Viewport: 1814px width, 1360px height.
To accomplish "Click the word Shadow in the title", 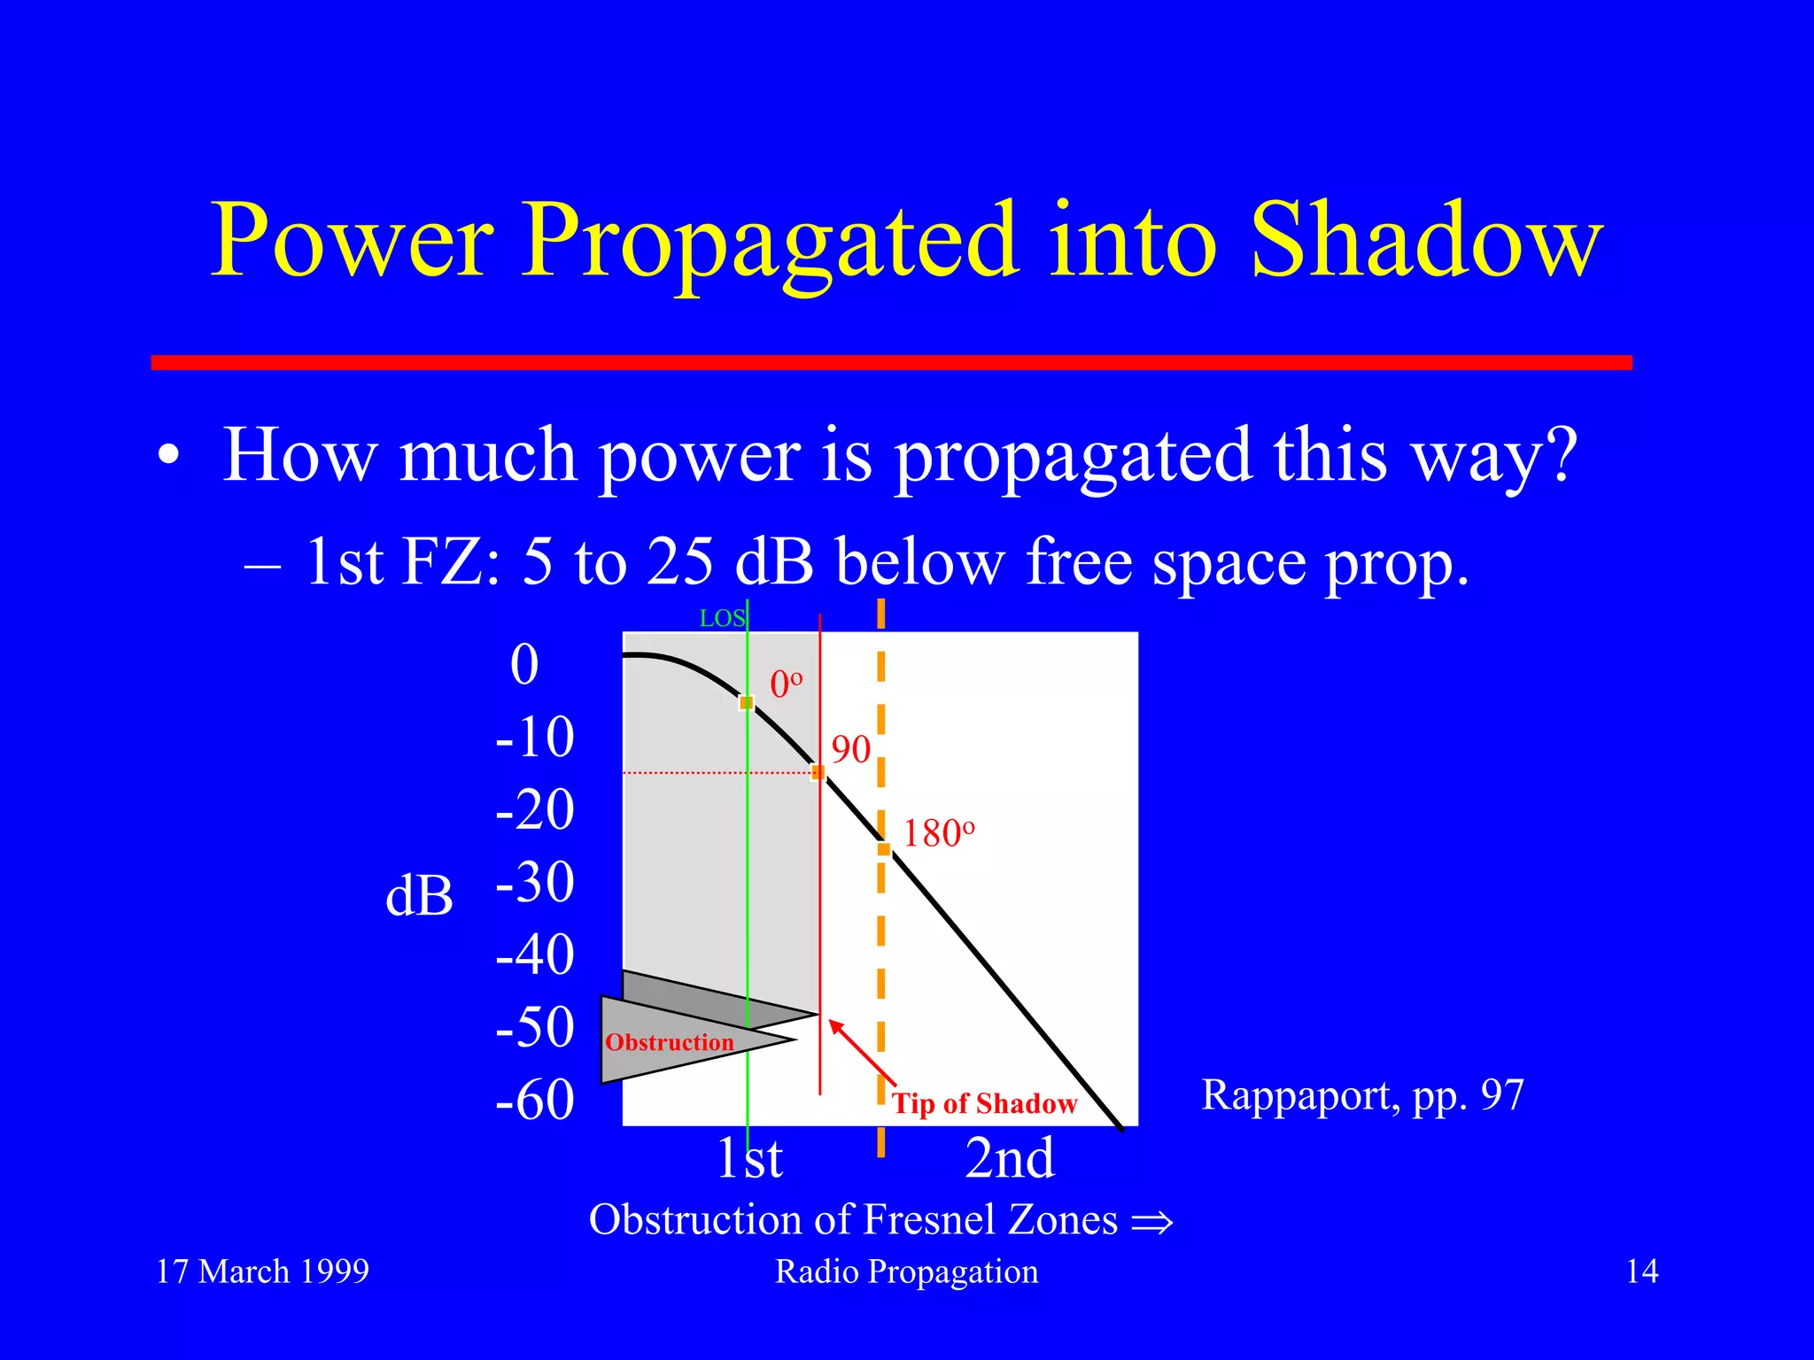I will [x=1426, y=241].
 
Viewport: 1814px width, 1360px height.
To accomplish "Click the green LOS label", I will [x=721, y=619].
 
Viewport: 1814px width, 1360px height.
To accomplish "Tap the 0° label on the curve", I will [x=786, y=684].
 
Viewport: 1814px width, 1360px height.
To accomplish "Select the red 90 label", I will [x=850, y=750].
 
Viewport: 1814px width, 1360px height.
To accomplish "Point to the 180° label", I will [x=938, y=833].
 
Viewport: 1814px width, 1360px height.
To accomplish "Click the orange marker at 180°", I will [x=883, y=849].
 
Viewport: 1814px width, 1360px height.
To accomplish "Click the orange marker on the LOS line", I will [x=747, y=702].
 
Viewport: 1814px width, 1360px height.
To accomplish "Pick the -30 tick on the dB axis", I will [x=535, y=882].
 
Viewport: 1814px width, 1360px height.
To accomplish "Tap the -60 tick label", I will [x=535, y=1100].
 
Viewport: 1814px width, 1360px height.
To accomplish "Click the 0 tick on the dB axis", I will [x=524, y=664].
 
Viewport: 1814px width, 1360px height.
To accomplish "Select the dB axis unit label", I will [x=419, y=895].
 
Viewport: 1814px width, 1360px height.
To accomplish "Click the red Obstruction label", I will [x=669, y=1042].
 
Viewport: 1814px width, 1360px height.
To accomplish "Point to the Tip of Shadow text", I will [x=984, y=1104].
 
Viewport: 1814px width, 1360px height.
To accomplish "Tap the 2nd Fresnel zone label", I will [x=1010, y=1157].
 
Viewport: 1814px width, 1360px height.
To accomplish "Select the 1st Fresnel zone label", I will [x=749, y=1157].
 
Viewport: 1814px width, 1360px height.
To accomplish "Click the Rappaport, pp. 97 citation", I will [x=1361, y=1095].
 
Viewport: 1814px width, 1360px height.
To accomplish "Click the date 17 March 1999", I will [x=262, y=1271].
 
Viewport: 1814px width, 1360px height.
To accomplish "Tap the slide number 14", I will [x=1641, y=1271].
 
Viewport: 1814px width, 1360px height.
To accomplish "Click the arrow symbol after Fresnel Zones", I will [x=1151, y=1223].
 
